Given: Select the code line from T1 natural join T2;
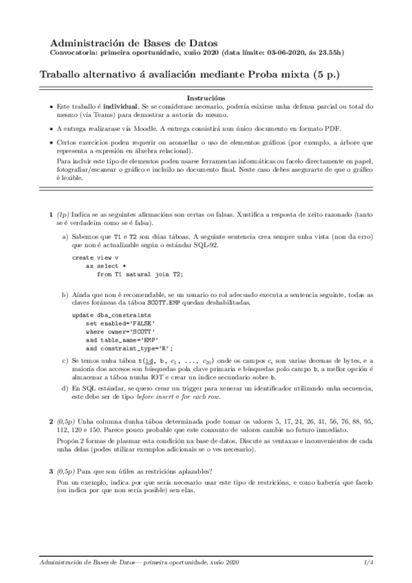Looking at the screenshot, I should [140, 274].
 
